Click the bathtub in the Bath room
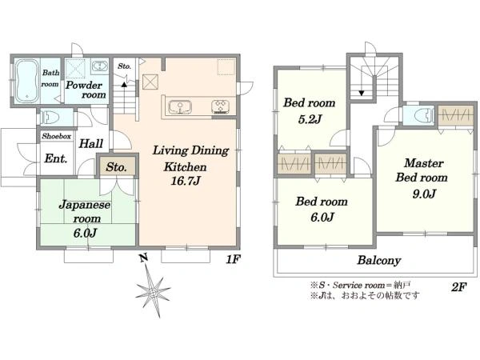pos(27,81)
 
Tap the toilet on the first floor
pos(50,117)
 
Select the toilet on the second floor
pos(424,115)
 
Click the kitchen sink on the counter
pos(180,107)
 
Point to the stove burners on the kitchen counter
pos(221,106)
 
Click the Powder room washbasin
pos(99,66)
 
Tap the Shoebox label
pos(57,136)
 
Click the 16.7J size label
pos(186,181)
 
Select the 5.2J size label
pos(310,119)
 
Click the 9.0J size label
pos(424,194)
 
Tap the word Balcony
pos(379,260)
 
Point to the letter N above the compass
pos(143,258)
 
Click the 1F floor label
pos(233,259)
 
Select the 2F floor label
pos(458,287)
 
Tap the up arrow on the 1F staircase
pos(124,85)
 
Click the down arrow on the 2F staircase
pos(362,93)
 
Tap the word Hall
pos(91,143)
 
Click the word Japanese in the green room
pos(85,205)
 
